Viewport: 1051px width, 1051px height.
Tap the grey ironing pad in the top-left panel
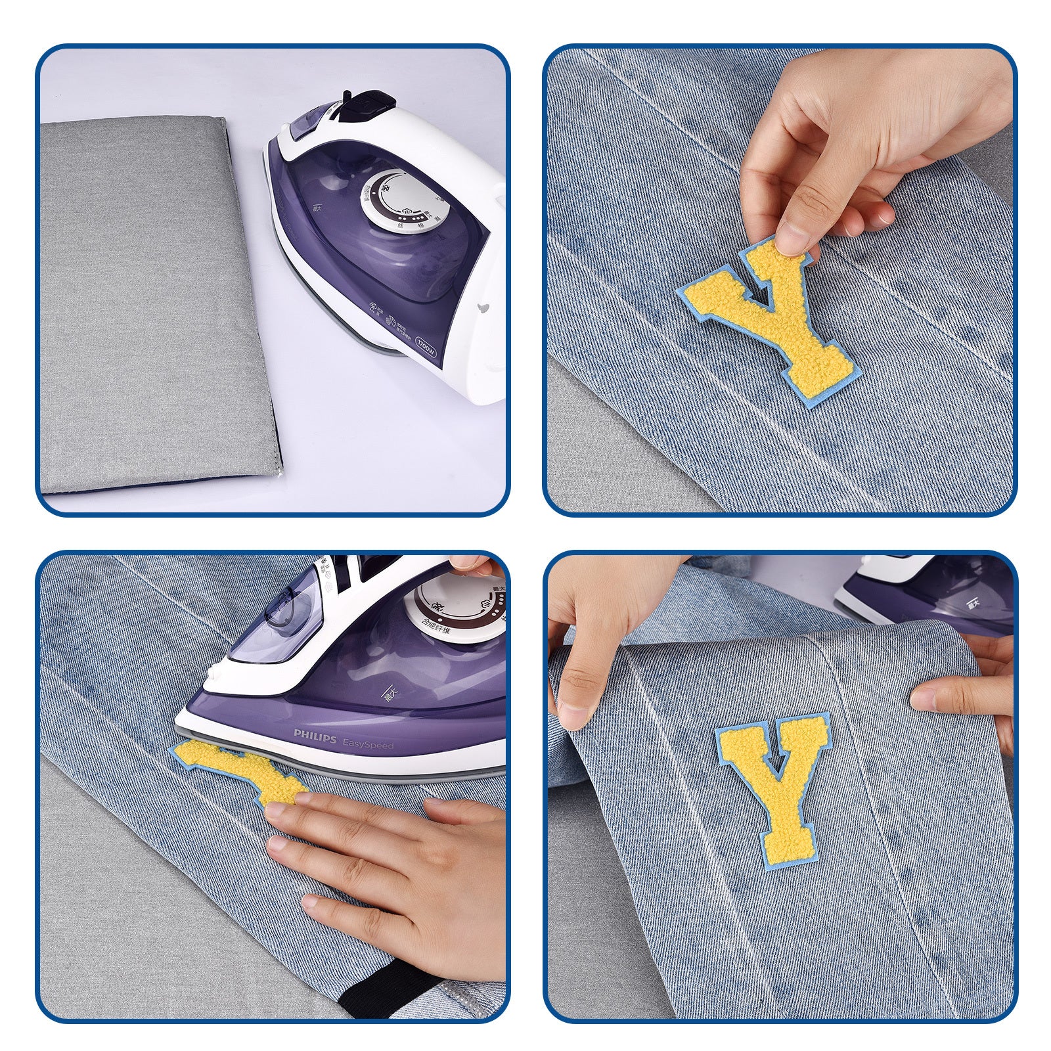coord(158,302)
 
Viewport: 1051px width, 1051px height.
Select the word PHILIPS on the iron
coord(314,733)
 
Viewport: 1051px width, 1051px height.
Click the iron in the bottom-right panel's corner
coord(933,591)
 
